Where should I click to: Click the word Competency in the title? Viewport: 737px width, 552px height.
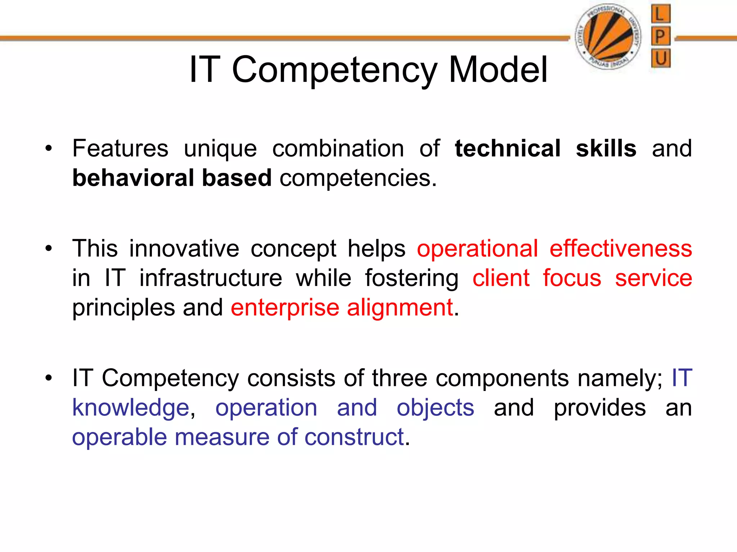334,70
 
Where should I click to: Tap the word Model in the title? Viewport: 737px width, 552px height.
498,69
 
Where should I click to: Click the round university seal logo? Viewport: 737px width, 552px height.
608,36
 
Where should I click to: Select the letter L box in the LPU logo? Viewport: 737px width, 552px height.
661,14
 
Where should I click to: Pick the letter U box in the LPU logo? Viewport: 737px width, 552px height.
661,58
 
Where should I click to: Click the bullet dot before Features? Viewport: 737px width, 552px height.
49,148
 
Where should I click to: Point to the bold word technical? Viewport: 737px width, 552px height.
507,148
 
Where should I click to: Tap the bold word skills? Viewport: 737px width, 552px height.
606,148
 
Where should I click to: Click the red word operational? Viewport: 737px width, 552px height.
478,249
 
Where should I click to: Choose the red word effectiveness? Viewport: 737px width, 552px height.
621,249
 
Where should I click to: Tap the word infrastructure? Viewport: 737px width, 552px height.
211,278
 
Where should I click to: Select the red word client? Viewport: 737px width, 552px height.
501,278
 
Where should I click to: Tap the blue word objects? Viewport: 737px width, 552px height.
435,408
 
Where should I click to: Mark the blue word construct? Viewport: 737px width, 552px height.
354,437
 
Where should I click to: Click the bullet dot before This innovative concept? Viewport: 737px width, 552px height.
49,249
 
